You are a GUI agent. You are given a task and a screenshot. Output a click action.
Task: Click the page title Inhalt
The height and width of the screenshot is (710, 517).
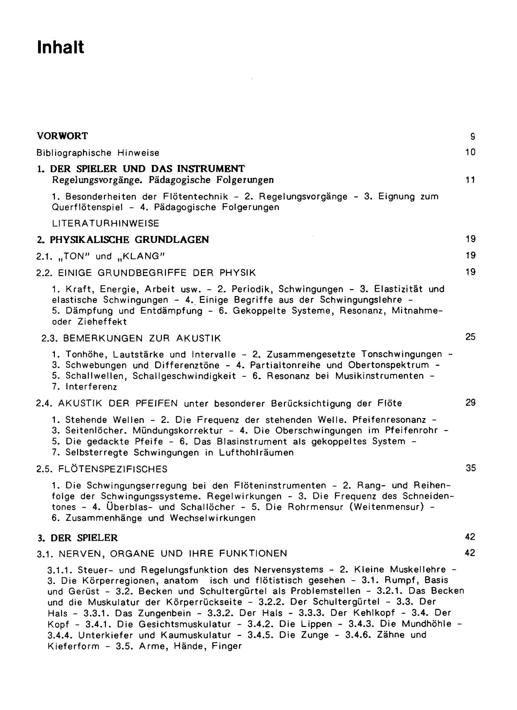coord(61,48)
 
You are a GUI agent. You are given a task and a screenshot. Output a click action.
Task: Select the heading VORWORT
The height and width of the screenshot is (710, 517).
coord(63,136)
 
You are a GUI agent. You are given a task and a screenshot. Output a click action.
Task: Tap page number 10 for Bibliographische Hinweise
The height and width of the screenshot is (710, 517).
coord(470,153)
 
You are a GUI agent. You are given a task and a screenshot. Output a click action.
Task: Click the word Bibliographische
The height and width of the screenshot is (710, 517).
coord(74,153)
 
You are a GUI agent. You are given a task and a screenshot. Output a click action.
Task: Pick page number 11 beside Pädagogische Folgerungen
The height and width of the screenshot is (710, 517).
coord(470,180)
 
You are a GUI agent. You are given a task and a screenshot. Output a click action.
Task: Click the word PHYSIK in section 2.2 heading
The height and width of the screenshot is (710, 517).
coord(238,273)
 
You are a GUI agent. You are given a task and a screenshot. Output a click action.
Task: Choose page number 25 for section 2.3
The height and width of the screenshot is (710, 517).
coord(470,337)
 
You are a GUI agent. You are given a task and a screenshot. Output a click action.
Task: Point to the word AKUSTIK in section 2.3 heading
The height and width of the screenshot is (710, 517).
coord(199,338)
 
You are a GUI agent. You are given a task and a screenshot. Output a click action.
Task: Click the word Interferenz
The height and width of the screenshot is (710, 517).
coord(91,387)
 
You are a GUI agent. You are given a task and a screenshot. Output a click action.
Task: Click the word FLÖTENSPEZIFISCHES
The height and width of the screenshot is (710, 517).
coord(113,469)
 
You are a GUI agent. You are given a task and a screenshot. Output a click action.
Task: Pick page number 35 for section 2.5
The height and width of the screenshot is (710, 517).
coord(470,468)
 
